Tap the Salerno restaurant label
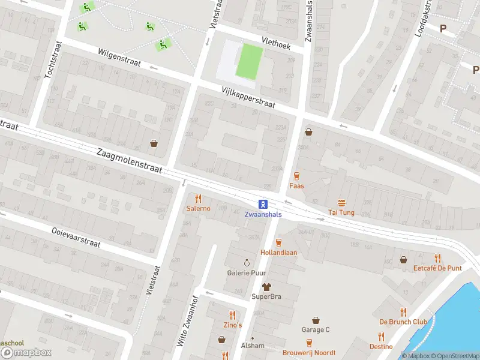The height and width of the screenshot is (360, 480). tap(198, 208)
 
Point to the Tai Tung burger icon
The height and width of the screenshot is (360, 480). tap(341, 202)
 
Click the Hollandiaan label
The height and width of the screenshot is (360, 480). tap(278, 253)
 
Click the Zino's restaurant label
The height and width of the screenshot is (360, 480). tap(232, 325)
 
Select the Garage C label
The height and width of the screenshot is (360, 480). tap(316, 329)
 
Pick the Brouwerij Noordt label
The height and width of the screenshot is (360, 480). tap(310, 353)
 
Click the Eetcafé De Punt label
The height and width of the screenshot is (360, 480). tap(437, 268)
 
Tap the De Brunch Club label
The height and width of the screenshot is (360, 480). tap(403, 322)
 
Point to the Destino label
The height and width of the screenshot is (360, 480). tap(381, 347)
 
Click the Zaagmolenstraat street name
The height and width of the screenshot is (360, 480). tap(129, 161)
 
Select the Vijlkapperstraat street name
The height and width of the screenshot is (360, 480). tap(248, 96)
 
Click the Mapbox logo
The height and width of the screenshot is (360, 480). tap(26, 353)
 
